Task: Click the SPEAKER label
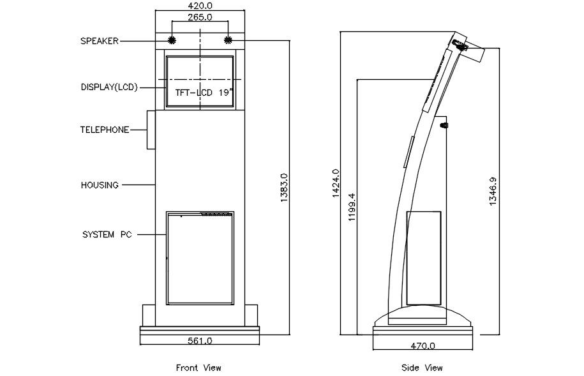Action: [x=99, y=41]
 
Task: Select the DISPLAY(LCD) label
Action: [x=109, y=87]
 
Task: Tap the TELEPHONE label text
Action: [x=105, y=130]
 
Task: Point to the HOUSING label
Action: [x=100, y=185]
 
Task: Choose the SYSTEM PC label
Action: [x=107, y=235]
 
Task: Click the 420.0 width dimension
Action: [x=200, y=5]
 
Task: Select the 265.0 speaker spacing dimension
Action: [x=200, y=17]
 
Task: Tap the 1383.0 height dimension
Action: [x=284, y=188]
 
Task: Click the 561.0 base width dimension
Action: [x=200, y=341]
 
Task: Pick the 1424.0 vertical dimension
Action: [x=336, y=184]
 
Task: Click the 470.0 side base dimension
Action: [x=423, y=345]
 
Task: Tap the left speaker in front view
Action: [x=171, y=40]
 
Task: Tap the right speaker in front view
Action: [x=228, y=40]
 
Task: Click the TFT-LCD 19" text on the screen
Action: [x=202, y=93]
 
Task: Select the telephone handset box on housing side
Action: [x=151, y=130]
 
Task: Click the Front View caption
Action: [x=198, y=368]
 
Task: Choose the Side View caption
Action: [x=422, y=368]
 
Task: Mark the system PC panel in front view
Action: [x=200, y=257]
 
